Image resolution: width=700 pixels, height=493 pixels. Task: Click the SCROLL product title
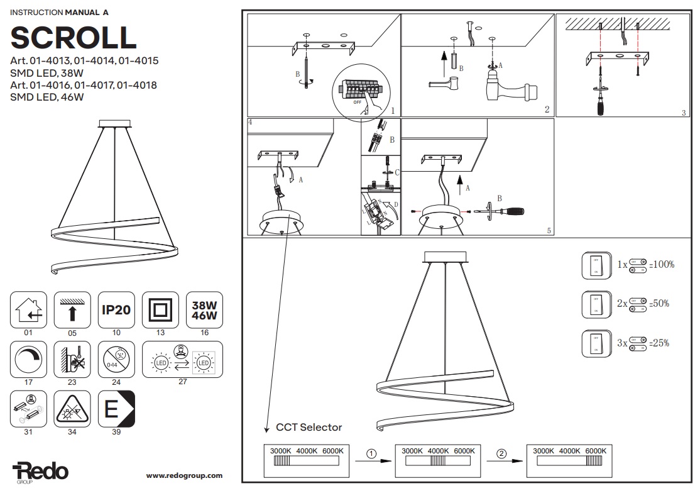coord(74,38)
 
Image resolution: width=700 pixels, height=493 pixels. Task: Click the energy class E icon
coord(116,409)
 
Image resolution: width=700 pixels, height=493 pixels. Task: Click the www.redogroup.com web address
coord(184,476)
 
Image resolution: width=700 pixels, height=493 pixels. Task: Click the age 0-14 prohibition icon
coord(116,359)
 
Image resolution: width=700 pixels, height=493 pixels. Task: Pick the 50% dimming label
coord(660,304)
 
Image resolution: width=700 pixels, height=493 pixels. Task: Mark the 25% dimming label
coord(660,343)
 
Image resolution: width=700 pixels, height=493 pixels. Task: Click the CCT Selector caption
coord(309,428)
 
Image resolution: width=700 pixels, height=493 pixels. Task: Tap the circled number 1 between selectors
coord(371,453)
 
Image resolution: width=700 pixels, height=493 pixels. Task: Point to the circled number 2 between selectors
coord(501,453)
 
